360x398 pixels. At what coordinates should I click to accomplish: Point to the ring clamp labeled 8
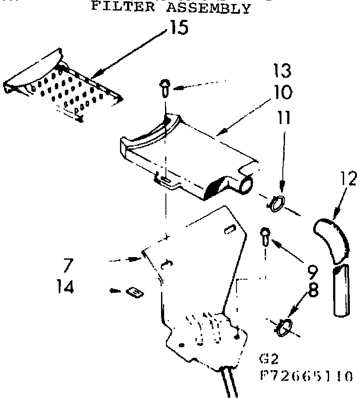[283, 327]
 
